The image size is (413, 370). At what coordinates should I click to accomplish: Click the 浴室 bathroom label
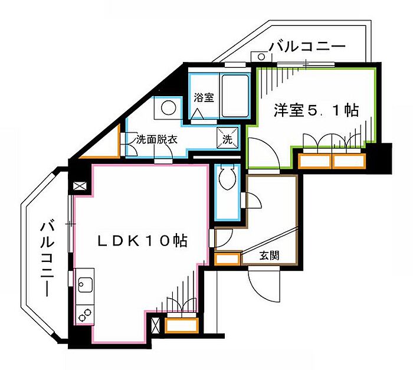(204, 97)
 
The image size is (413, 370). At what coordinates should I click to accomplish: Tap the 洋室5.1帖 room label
(316, 110)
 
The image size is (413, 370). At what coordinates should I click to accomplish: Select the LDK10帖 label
(143, 240)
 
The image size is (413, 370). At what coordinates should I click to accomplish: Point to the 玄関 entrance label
(269, 256)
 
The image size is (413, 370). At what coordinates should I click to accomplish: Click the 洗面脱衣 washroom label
(157, 140)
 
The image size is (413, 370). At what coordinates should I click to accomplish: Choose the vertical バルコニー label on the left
(47, 260)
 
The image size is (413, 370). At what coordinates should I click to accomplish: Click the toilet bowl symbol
(228, 178)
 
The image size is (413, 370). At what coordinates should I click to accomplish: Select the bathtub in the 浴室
(235, 96)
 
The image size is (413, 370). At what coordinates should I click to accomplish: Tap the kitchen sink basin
(85, 285)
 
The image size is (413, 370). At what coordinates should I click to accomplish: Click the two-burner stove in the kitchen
(85, 315)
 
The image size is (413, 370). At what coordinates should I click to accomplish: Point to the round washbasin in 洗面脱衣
(168, 107)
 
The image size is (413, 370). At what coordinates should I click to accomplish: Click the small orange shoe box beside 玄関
(227, 258)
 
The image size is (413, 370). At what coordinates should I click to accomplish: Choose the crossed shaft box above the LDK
(80, 186)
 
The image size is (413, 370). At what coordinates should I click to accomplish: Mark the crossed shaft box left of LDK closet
(156, 326)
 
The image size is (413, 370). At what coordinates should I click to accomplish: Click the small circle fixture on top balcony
(261, 57)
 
